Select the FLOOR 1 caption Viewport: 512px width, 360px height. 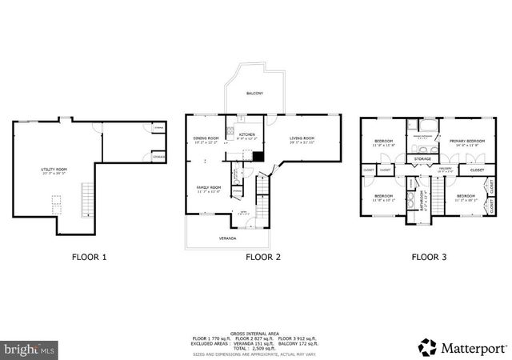tap(88, 258)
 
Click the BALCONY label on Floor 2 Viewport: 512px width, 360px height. tap(254, 94)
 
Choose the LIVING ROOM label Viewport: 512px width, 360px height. tap(302, 139)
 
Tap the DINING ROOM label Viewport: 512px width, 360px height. tap(206, 139)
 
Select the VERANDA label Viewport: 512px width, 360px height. tap(229, 238)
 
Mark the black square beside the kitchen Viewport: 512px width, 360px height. tap(258, 156)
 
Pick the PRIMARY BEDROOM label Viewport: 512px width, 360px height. tap(465, 142)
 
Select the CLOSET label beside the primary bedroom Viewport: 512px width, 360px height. tap(477, 170)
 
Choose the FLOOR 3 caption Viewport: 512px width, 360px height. tap(429, 258)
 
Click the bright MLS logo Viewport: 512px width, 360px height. tap(29, 350)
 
